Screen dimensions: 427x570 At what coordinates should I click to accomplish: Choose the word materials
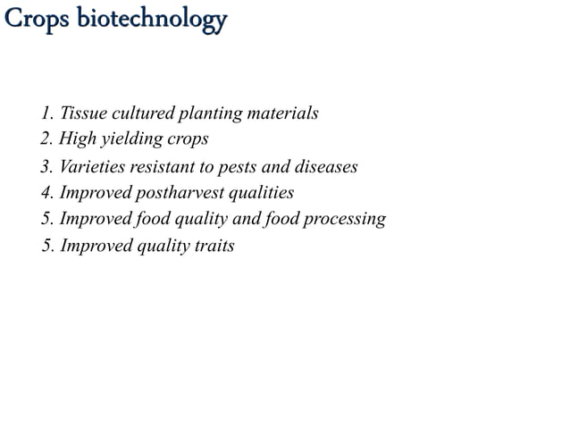pyautogui.click(x=282, y=114)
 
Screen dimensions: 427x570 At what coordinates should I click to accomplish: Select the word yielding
pyautogui.click(x=131, y=140)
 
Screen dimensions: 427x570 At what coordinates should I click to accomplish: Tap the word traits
pyautogui.click(x=214, y=246)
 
